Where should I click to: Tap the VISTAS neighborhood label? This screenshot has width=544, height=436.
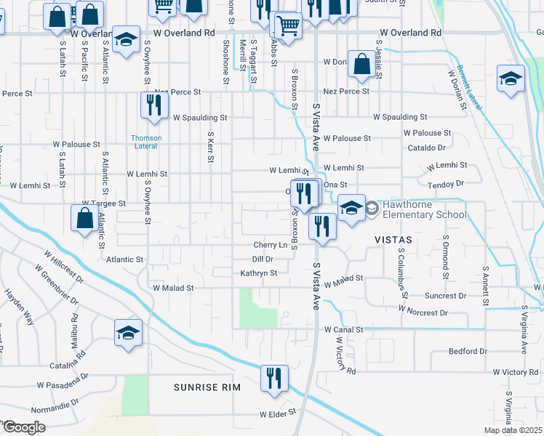click(393, 239)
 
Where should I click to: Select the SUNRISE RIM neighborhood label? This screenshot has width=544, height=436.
click(207, 387)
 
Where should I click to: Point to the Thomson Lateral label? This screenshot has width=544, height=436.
click(146, 142)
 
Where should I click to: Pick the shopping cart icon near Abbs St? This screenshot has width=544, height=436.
click(288, 25)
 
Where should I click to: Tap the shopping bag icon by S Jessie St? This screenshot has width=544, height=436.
click(361, 65)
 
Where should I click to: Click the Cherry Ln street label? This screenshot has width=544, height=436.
click(270, 245)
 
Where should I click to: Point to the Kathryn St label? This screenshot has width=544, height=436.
click(259, 273)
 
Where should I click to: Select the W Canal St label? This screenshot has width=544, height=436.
click(343, 329)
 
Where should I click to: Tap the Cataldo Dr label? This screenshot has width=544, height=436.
click(425, 147)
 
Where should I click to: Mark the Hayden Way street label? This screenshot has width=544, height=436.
click(20, 306)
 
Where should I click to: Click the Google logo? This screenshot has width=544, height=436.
click(24, 427)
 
